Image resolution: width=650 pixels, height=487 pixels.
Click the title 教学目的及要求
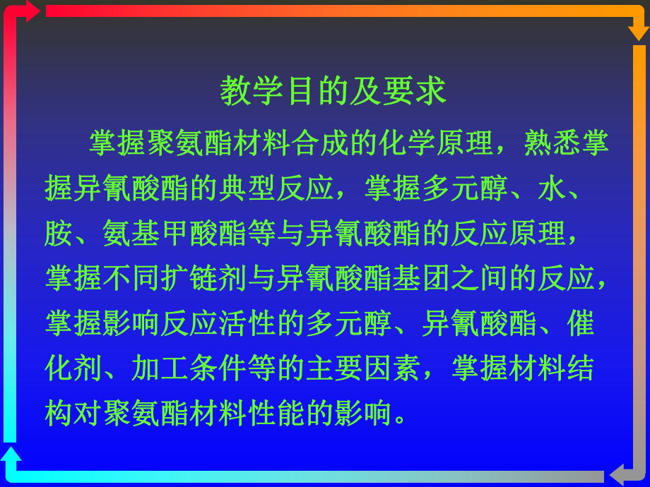333,91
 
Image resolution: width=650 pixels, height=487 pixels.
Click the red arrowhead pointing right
32,11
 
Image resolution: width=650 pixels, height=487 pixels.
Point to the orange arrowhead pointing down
638,32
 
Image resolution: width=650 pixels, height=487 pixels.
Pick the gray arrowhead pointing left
617,474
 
